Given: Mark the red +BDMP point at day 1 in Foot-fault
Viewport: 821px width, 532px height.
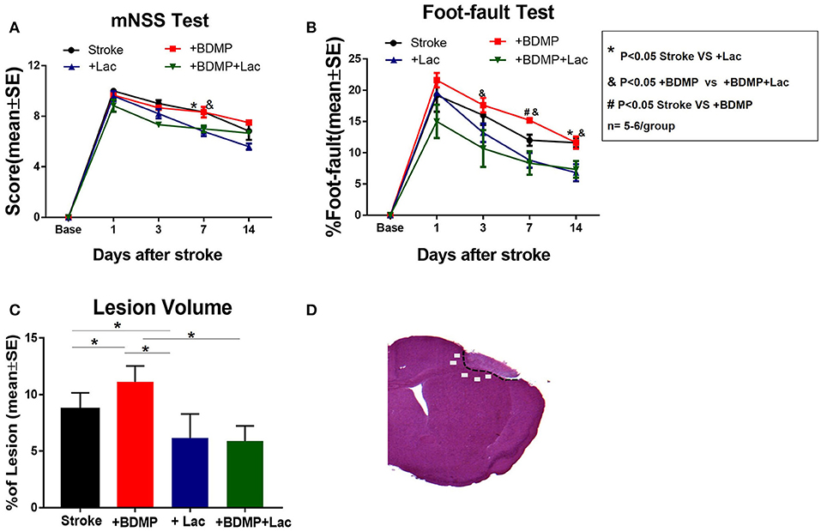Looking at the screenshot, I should coord(436,81).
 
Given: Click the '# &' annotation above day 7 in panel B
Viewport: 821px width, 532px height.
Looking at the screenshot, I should coord(530,112).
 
